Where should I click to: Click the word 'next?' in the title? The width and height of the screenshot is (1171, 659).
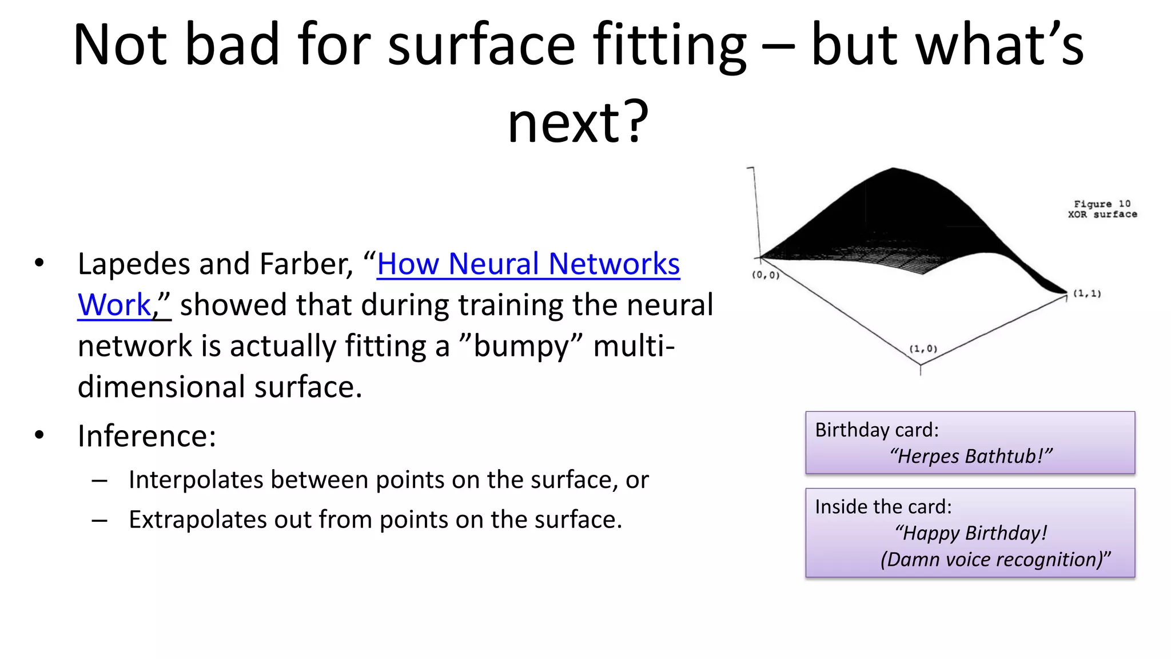(578, 122)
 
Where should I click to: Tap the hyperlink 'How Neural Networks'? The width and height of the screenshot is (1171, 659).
(528, 264)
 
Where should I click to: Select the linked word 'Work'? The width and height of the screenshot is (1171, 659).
(114, 305)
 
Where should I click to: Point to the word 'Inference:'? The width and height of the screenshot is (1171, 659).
(147, 436)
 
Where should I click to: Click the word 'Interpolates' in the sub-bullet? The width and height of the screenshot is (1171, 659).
(196, 480)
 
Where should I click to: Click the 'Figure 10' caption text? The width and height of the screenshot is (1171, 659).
(1101, 204)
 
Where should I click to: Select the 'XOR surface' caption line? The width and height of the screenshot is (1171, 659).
(1102, 215)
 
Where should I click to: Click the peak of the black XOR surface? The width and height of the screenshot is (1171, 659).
(893, 170)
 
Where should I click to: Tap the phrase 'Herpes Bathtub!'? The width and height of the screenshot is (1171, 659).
(970, 456)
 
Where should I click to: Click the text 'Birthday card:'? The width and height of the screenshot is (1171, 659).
(877, 430)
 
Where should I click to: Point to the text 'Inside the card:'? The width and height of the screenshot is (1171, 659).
(883, 507)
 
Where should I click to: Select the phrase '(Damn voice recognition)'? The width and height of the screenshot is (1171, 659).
(994, 559)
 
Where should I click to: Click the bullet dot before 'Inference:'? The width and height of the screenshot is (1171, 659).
(39, 435)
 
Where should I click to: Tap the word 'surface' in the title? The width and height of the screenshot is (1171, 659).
(481, 45)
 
